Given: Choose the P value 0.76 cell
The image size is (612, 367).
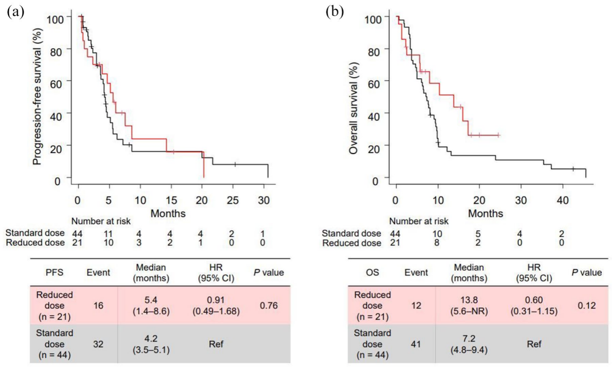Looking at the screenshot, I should (269, 305).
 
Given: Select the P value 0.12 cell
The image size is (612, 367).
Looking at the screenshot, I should (586, 305).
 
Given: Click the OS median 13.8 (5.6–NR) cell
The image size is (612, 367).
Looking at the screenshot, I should (470, 305).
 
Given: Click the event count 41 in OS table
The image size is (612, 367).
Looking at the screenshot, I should (416, 344).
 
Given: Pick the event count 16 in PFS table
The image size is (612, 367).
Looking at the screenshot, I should (98, 305).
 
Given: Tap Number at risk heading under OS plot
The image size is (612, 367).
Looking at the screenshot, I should (419, 222).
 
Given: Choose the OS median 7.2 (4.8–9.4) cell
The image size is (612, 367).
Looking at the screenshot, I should (470, 344).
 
